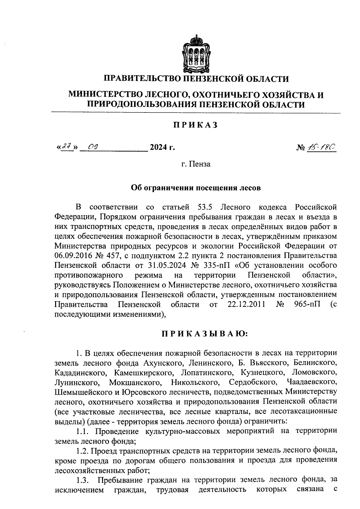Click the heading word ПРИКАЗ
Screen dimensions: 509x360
click(195, 125)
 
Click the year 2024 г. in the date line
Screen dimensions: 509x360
click(162, 148)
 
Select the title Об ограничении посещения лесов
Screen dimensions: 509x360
click(196, 188)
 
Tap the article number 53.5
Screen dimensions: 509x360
click(205, 207)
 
